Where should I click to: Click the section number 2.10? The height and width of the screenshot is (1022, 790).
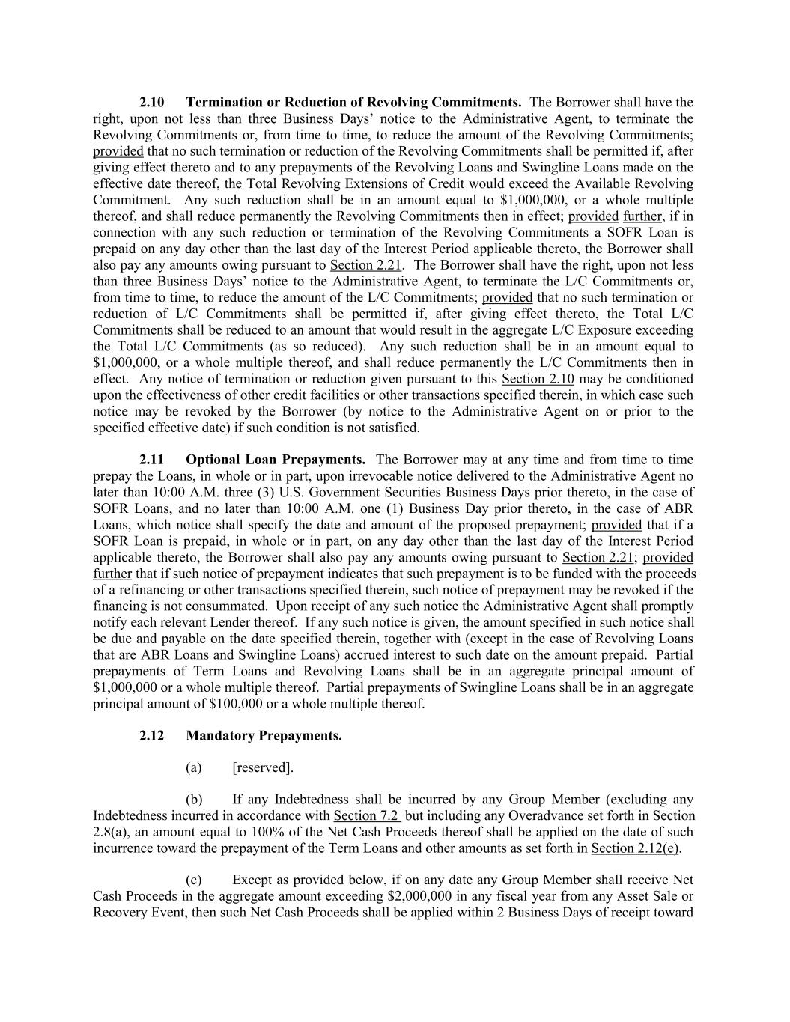152,103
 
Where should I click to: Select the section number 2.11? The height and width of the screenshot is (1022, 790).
152,460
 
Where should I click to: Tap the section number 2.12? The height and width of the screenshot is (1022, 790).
152,736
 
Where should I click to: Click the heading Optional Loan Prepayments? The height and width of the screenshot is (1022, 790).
276,460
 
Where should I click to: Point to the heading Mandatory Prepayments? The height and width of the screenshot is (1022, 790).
264,736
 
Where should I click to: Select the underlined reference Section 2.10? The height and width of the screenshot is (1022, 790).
538,379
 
